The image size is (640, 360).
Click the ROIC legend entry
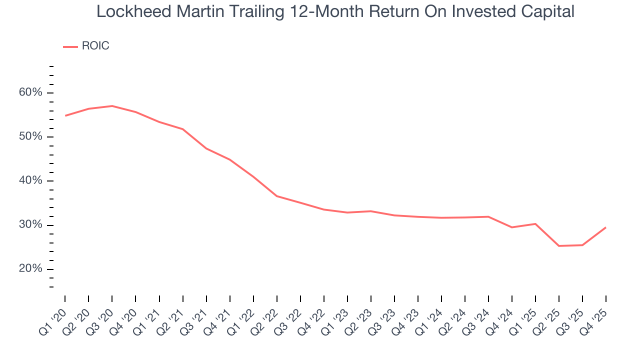[95, 46]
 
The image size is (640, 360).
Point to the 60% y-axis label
[31, 92]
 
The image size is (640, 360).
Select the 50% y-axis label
[31, 136]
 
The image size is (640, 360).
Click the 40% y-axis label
[31, 180]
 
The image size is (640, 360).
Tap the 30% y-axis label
[31, 224]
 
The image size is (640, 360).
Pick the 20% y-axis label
[31, 268]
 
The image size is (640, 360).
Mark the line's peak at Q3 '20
[112, 106]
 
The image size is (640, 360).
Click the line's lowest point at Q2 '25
[559, 246]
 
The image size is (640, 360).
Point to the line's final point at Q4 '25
[605, 227]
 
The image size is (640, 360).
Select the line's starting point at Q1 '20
[65, 115]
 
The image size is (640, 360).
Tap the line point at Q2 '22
[277, 196]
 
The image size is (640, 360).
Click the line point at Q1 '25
[535, 223]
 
